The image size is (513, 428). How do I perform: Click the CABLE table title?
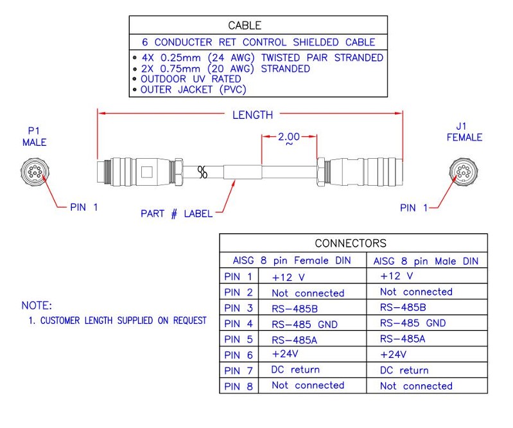(245, 25)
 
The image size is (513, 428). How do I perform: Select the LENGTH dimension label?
(252, 115)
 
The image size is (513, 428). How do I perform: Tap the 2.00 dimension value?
(289, 136)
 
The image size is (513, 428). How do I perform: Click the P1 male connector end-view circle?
(35, 172)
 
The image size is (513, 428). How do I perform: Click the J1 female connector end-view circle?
(464, 172)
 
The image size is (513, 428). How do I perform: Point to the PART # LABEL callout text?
(177, 214)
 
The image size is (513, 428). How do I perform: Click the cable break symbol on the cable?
(202, 172)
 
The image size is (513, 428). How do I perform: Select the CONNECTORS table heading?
(351, 244)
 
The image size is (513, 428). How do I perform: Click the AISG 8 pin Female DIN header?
(292, 261)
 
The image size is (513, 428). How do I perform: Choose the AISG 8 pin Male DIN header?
(426, 262)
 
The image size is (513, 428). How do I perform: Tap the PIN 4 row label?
(238, 324)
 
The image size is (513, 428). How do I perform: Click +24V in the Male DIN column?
(393, 354)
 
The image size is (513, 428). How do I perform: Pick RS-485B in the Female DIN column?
(295, 309)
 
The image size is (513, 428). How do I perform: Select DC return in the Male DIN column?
(404, 370)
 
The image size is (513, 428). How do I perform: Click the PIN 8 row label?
(238, 386)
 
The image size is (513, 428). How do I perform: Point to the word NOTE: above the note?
(37, 305)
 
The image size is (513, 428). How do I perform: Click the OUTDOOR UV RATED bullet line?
(191, 79)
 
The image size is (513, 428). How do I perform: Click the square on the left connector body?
(147, 172)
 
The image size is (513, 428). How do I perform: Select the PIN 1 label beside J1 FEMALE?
(414, 208)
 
